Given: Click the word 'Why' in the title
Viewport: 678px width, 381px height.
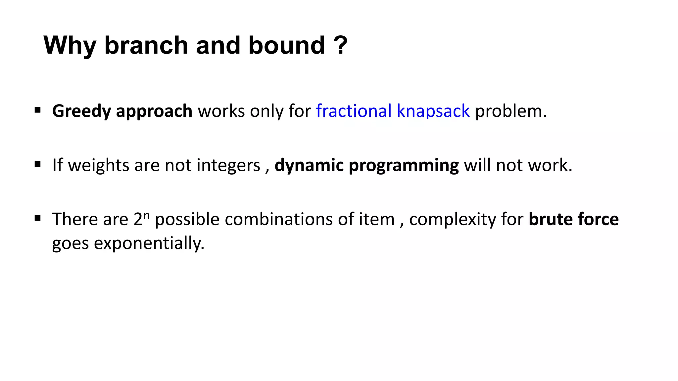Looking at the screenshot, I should coord(70,45).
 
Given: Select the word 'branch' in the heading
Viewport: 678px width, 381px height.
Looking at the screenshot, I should coord(146,45).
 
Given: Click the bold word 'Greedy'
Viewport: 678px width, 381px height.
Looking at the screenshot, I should coord(81,111).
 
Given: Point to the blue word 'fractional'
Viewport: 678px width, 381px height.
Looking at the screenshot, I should coord(354,111).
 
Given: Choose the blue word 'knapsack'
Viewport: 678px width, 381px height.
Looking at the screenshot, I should coord(433,111).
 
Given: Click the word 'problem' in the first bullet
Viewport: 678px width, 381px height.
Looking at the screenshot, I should coord(508,111).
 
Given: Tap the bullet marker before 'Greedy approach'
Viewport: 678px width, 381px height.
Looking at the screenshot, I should coord(37,110).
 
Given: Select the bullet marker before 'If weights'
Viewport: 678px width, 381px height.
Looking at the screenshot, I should coord(37,164).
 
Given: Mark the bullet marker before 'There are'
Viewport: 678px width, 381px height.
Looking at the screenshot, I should coord(37,218).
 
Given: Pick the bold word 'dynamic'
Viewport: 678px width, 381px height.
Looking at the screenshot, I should coord(309,165).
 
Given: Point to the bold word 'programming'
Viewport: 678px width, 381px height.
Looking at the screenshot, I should coord(404,165).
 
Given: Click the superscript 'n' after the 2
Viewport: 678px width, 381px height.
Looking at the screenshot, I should coord(147,216).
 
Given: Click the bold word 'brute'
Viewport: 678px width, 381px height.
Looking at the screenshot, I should coord(551,219).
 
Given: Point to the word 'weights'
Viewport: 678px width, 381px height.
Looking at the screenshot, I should coord(99,165).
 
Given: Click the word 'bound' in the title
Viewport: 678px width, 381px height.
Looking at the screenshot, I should coord(287,45).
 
